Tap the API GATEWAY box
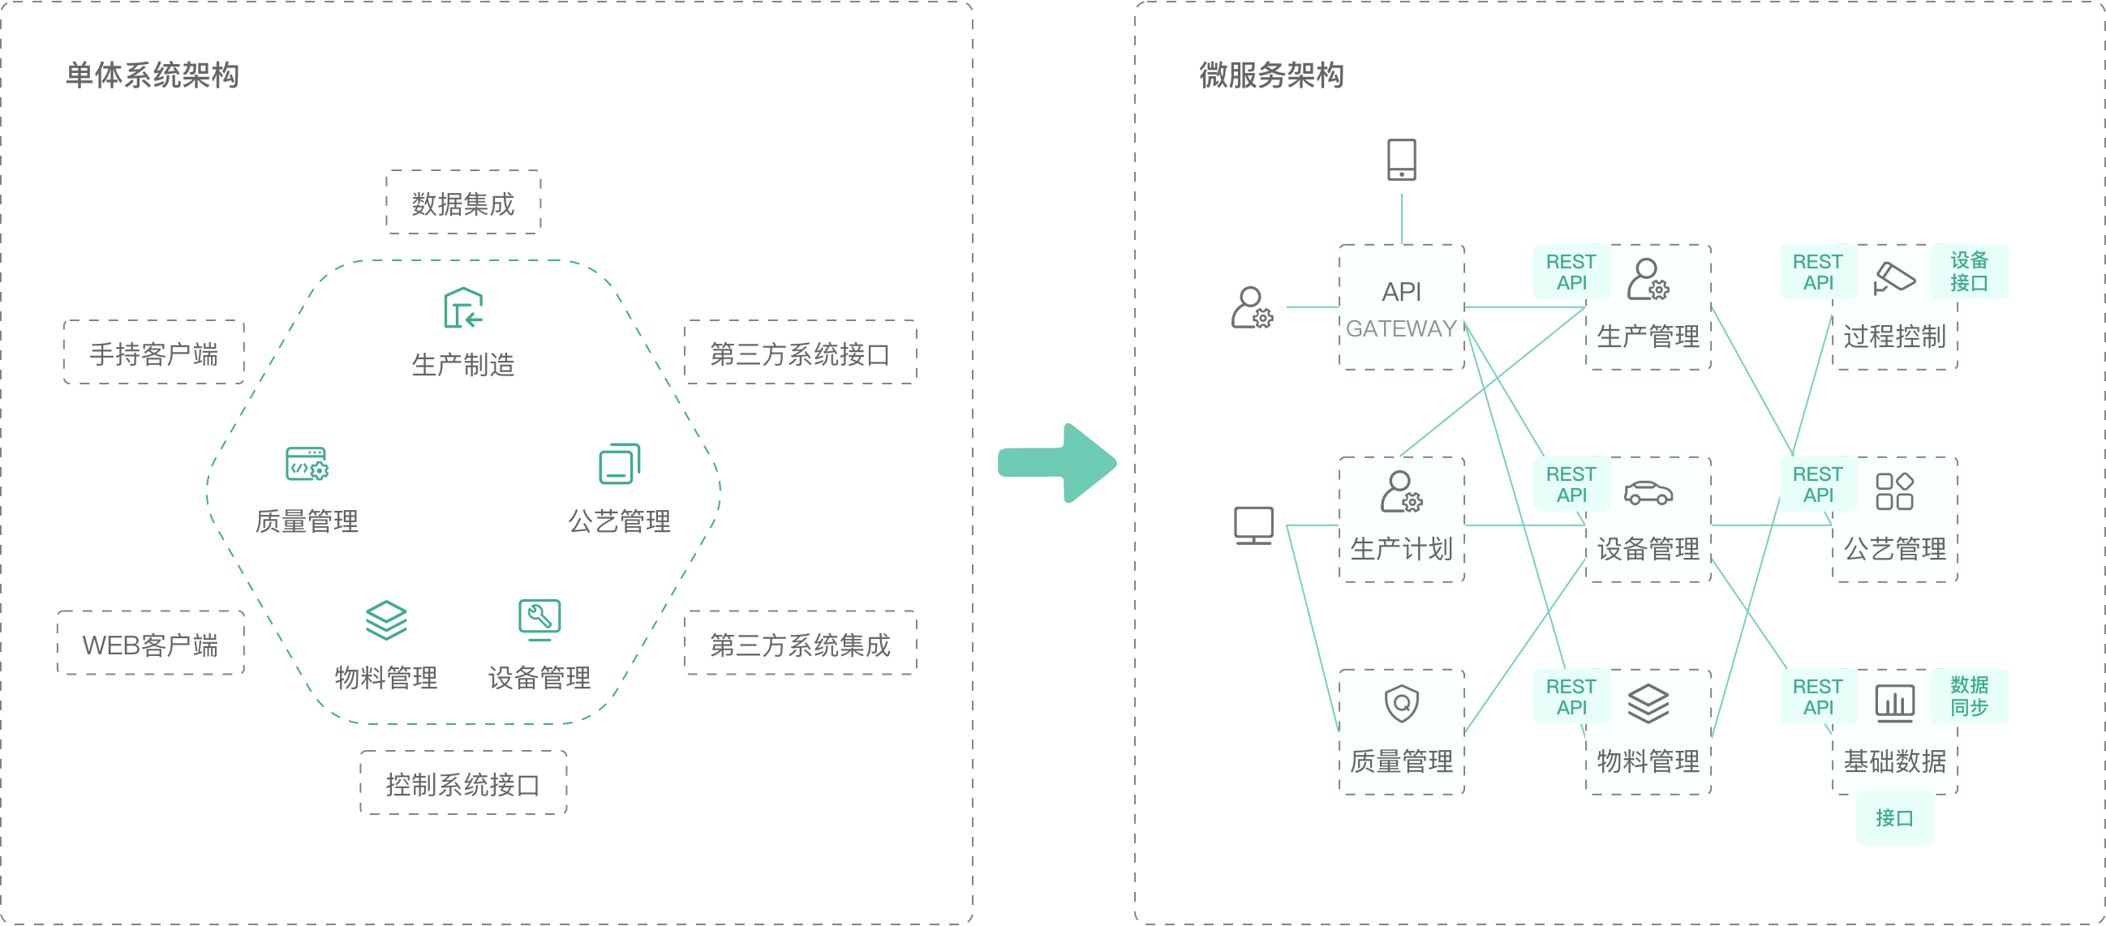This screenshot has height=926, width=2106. (1401, 307)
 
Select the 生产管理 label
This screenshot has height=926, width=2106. (1648, 337)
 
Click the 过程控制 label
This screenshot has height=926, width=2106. (1894, 337)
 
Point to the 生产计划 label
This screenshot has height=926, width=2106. (1401, 549)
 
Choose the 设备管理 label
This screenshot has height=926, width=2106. (1648, 549)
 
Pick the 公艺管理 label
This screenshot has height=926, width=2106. (1894, 549)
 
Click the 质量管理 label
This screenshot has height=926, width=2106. (1401, 761)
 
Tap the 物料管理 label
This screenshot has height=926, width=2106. (1648, 761)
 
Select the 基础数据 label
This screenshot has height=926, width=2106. (1894, 761)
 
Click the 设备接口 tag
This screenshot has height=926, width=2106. (1969, 272)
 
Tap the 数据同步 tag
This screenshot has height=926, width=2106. (1969, 697)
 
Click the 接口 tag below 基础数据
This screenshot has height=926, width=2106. (1894, 818)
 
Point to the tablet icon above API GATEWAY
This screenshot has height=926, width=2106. (1402, 160)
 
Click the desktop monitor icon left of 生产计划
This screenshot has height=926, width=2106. (1253, 525)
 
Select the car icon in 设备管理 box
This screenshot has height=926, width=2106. (1648, 493)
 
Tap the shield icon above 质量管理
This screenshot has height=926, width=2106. (1401, 704)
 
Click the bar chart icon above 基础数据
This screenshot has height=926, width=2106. (1894, 704)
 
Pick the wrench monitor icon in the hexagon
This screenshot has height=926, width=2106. (539, 619)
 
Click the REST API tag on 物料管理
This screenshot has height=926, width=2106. (1571, 697)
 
